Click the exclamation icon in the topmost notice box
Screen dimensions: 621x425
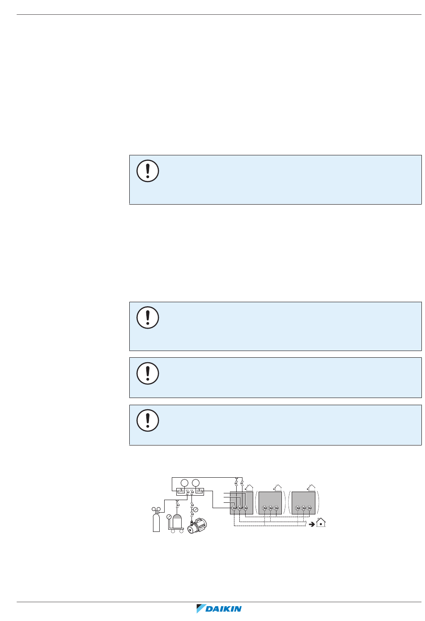148,171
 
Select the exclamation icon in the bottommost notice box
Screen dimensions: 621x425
148,420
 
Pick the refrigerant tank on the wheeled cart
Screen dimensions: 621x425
178,521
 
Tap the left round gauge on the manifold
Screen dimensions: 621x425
184,483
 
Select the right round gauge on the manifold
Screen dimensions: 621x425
196,483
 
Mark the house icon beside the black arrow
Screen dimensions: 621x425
321,522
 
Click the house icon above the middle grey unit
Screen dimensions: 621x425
278,487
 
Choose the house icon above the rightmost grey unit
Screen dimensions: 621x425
311,487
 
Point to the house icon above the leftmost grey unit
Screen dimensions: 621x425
250,487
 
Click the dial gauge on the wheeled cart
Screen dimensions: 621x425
169,517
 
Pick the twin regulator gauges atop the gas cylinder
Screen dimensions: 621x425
156,509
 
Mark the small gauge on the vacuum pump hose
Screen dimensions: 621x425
195,510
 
